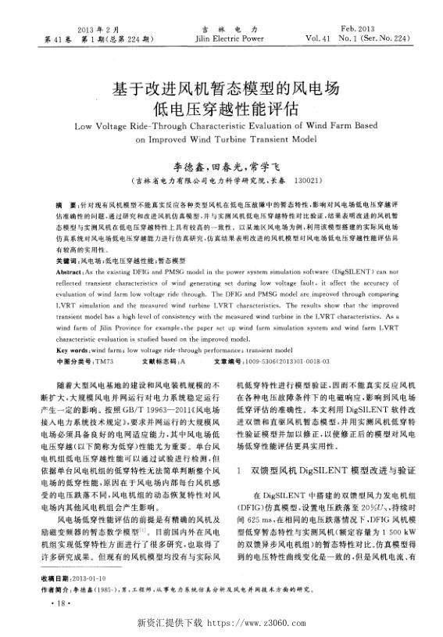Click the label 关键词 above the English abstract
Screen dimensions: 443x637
point(67,259)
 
